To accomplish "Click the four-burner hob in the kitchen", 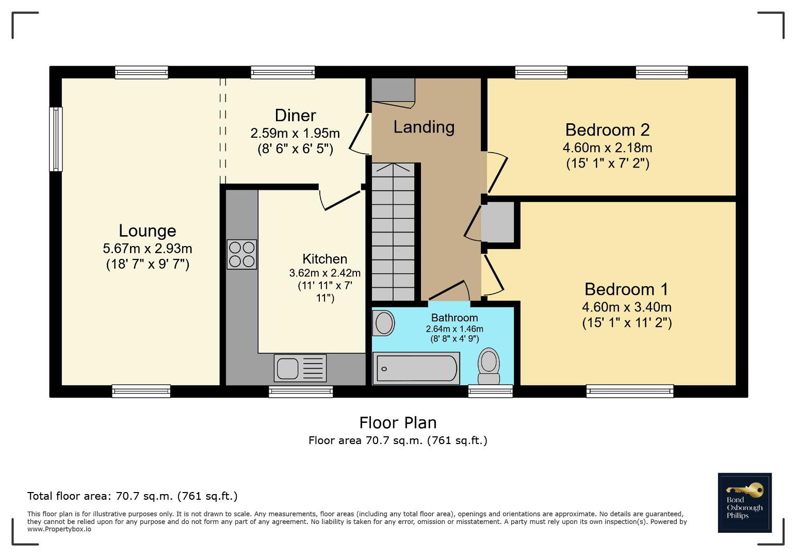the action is pyautogui.click(x=241, y=254).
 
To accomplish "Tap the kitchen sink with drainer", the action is pyautogui.click(x=300, y=368).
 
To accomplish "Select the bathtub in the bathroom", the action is pyautogui.click(x=416, y=368).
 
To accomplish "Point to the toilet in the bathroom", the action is pyautogui.click(x=489, y=366).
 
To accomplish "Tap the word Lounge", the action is pyautogui.click(x=148, y=231).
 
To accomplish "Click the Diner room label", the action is pyautogui.click(x=295, y=116).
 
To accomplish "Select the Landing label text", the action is pyautogui.click(x=424, y=127).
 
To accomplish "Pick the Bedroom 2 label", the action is pyautogui.click(x=607, y=129).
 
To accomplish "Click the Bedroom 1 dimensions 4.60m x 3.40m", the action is pyautogui.click(x=627, y=307).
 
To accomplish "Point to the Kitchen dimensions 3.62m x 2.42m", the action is pyautogui.click(x=325, y=273).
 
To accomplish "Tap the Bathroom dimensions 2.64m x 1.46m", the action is pyautogui.click(x=454, y=329).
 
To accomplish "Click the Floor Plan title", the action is pyautogui.click(x=398, y=423).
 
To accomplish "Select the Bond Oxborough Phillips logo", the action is pyautogui.click(x=745, y=503).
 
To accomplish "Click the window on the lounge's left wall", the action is pyautogui.click(x=56, y=139).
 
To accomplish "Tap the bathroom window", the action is pyautogui.click(x=491, y=391).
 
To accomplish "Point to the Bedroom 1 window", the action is pyautogui.click(x=630, y=391).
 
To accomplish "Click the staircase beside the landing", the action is pyautogui.click(x=393, y=232).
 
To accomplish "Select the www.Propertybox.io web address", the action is pyautogui.click(x=59, y=529).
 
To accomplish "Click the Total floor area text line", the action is pyautogui.click(x=132, y=496).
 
